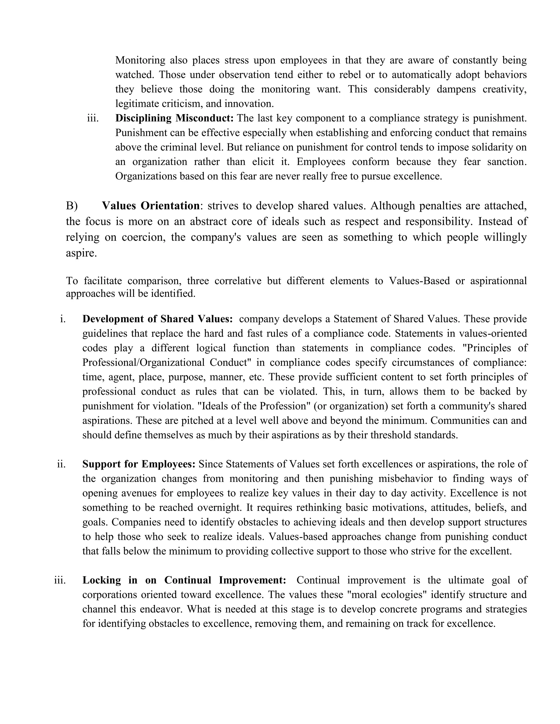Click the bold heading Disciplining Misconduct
coord(174,118)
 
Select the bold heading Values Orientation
coord(151,206)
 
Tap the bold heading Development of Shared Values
coord(157,319)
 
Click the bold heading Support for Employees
coord(139,464)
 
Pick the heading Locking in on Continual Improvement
coord(184,580)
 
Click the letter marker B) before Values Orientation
coord(72,206)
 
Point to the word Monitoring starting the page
coord(140,60)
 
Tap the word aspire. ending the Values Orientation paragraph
coord(81,253)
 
